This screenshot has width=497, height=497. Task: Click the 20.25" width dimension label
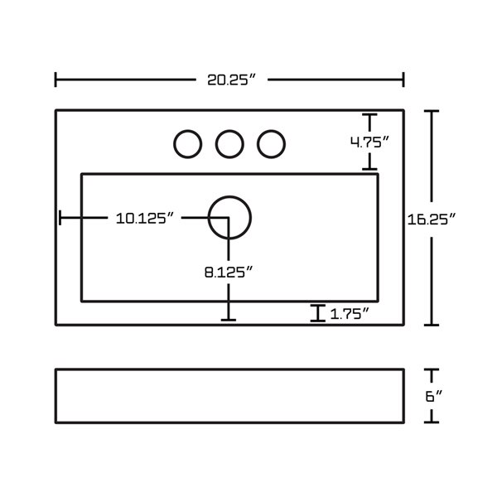pyautogui.click(x=230, y=80)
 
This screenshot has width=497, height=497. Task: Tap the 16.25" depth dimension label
pyautogui.click(x=432, y=220)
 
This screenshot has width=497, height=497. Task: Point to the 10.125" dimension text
pyautogui.click(x=145, y=219)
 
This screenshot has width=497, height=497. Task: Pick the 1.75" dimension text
pyautogui.click(x=349, y=313)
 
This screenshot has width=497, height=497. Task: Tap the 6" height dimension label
pyautogui.click(x=431, y=396)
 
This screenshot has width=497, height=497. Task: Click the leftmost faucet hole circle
pyautogui.click(x=188, y=144)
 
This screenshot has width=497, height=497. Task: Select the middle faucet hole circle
pyautogui.click(x=229, y=144)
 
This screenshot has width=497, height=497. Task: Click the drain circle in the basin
pyautogui.click(x=229, y=218)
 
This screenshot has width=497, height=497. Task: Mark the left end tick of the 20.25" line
pyautogui.click(x=55, y=80)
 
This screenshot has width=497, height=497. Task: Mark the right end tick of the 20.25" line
pyautogui.click(x=403, y=80)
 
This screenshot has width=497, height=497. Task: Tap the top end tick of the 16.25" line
pyautogui.click(x=432, y=111)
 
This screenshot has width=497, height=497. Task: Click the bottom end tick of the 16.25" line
pyautogui.click(x=432, y=325)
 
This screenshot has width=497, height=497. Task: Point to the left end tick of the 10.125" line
pyautogui.click(x=60, y=218)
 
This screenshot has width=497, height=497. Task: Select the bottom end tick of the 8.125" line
pyautogui.click(x=229, y=319)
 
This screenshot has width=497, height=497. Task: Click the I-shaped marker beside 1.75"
pyautogui.click(x=316, y=313)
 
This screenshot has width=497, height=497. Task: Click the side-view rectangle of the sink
pyautogui.click(x=229, y=396)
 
